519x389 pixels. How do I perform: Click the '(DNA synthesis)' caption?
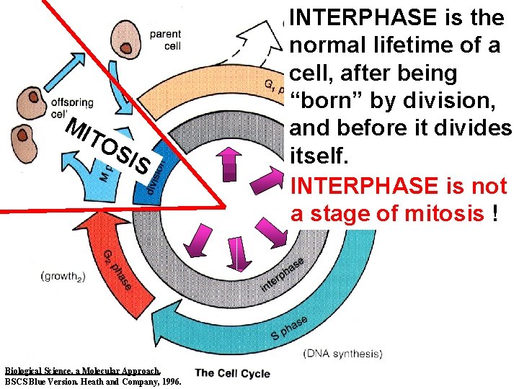(343, 353)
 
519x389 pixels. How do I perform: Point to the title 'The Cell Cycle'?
(233, 372)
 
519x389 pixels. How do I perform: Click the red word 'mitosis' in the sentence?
(448, 213)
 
